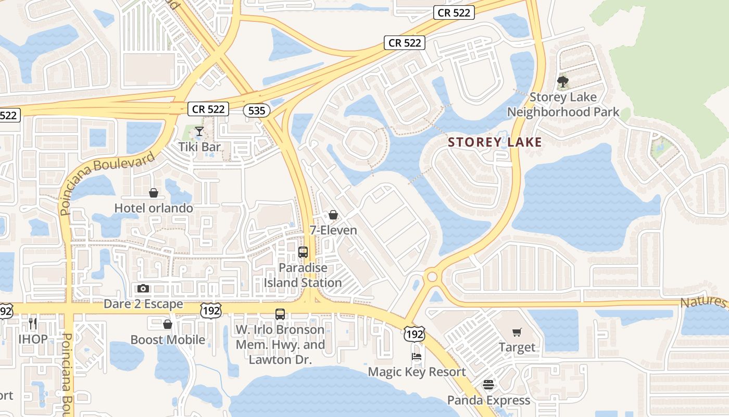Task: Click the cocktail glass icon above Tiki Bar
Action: [x=199, y=131]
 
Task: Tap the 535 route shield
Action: [x=256, y=110]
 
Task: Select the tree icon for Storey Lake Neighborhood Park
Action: [x=562, y=81]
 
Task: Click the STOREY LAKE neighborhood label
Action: [x=495, y=142]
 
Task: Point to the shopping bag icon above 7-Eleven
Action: [x=333, y=215]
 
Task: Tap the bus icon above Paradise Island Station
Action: [x=303, y=252]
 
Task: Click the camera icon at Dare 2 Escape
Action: [x=143, y=288]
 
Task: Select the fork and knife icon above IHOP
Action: [x=33, y=323]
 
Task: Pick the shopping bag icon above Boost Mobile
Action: [x=168, y=324]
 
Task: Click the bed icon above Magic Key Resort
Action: [x=417, y=357]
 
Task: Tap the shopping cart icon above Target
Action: [x=517, y=332]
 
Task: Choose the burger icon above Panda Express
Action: [x=488, y=385]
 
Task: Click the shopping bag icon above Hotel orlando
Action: [x=154, y=193]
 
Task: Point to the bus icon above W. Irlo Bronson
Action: [x=280, y=314]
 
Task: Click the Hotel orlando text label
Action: [x=154, y=208]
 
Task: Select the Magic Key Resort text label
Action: [x=417, y=372]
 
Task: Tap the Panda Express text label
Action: [x=488, y=400]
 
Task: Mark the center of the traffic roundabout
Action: [x=431, y=277]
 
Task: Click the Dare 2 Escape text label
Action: [x=143, y=304]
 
